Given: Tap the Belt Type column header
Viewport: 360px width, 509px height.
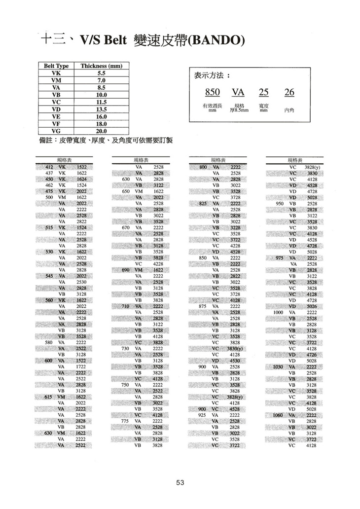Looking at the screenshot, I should [x=56, y=66].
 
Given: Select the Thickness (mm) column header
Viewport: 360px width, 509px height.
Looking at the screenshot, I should [x=101, y=66].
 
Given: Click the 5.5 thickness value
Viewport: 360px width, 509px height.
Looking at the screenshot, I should [x=102, y=73].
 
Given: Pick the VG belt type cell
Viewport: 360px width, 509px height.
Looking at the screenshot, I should [x=56, y=131].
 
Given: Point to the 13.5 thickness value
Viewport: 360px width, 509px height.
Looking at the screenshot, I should [x=102, y=109].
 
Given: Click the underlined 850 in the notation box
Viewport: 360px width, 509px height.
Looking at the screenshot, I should [x=212, y=93].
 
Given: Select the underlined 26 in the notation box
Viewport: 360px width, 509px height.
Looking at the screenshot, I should [x=289, y=93].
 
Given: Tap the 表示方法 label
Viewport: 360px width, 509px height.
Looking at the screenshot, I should [x=212, y=76].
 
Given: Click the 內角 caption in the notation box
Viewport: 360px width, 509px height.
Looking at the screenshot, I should [x=289, y=111].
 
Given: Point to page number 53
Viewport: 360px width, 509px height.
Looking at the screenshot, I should [x=180, y=483].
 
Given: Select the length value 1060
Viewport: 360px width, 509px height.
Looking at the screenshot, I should [x=278, y=415].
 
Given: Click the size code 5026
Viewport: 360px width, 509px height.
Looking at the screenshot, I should [x=312, y=306].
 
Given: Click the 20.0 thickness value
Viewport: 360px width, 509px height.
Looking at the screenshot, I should [x=102, y=131].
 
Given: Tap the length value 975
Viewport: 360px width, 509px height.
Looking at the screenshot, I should [x=279, y=258].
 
